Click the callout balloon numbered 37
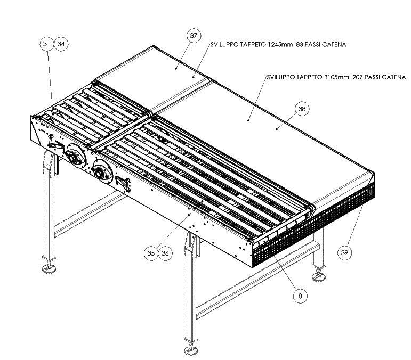point(194,36)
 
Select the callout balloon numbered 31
point(47,44)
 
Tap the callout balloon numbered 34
point(61,44)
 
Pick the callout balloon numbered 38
point(302,109)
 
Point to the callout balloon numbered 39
point(344,252)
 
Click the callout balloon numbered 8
point(300,296)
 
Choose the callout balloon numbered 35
point(151,253)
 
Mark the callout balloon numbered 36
point(165,253)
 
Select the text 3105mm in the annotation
point(336,77)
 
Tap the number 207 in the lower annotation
point(358,77)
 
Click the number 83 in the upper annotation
point(300,45)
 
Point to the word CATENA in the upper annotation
point(334,45)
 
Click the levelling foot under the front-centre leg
point(191,349)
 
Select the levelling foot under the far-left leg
point(49,268)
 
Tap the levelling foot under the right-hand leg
point(319,276)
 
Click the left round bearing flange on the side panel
point(75,154)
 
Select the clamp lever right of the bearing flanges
point(123,184)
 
